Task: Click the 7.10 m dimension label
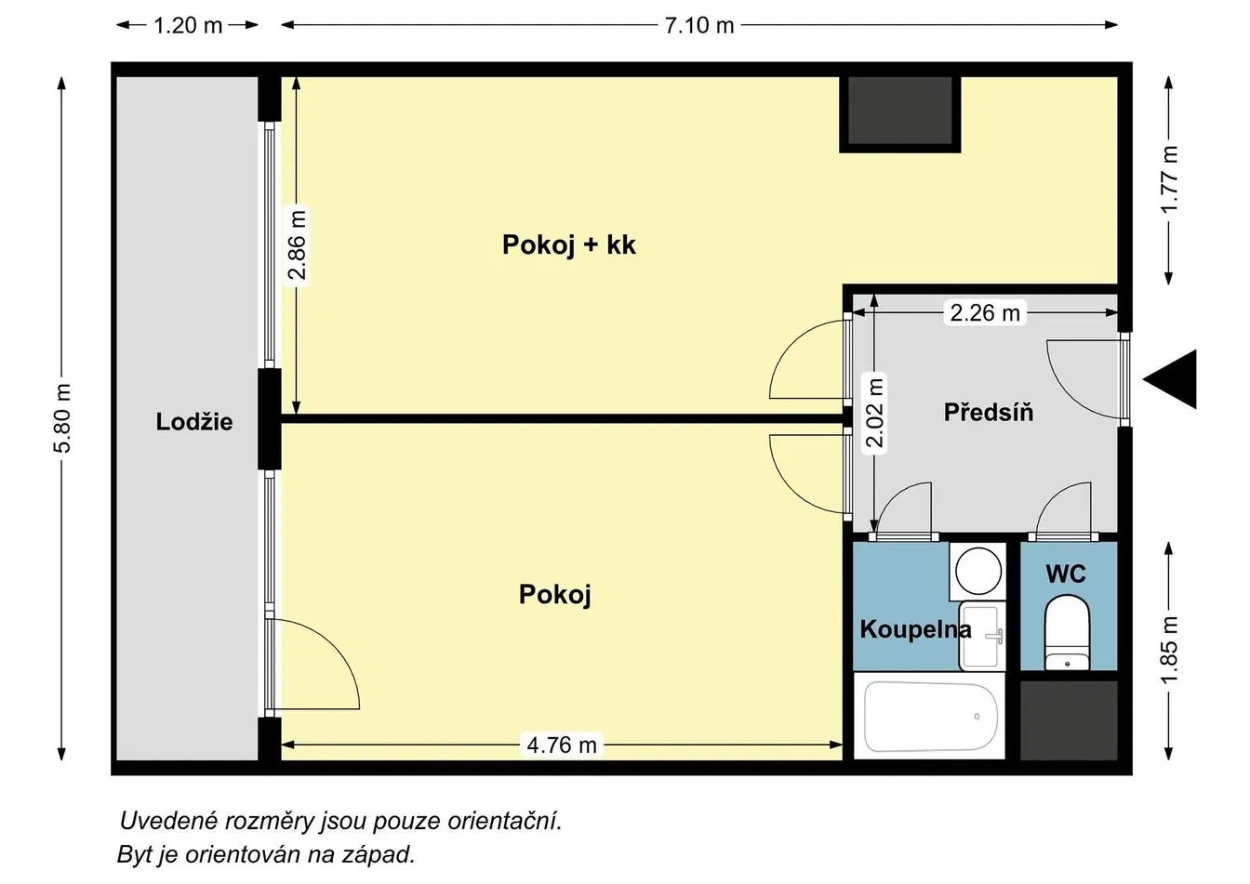(698, 26)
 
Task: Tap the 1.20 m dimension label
(188, 26)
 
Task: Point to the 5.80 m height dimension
(62, 417)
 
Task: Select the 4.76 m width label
(562, 745)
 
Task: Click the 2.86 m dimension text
(297, 244)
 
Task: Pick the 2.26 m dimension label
(985, 313)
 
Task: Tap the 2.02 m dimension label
(874, 414)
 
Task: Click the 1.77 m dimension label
(1168, 179)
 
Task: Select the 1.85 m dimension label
(1168, 650)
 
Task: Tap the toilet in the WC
(1067, 632)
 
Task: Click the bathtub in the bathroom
(931, 717)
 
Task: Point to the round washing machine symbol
(977, 571)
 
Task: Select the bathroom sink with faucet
(982, 636)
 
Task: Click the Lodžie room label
(194, 422)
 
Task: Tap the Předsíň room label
(989, 412)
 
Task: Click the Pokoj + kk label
(568, 244)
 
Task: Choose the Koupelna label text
(915, 630)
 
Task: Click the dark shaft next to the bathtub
(1069, 720)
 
